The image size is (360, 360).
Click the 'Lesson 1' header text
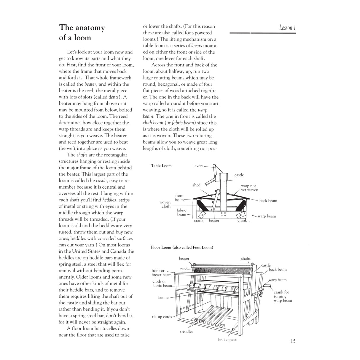[287, 28]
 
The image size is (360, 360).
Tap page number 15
[293, 341]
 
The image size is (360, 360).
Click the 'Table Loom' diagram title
[161, 165]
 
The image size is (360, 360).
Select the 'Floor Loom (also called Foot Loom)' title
[182, 247]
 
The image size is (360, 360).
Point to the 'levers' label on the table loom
[198, 166]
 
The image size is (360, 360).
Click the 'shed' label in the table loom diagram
[196, 185]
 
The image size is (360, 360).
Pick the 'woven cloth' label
[165, 204]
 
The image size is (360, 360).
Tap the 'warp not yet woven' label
[249, 188]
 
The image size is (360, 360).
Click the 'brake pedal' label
[227, 340]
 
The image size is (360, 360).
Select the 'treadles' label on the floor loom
[187, 332]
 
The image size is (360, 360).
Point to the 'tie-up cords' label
[162, 317]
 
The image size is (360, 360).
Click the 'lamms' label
[163, 297]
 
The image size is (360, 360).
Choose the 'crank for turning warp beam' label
[282, 296]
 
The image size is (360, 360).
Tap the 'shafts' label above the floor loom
[246, 259]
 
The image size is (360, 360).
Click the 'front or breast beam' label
[161, 273]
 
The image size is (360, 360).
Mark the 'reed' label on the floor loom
[184, 269]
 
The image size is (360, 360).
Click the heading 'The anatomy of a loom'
[82, 33]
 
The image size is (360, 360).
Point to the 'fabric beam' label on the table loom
[181, 212]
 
